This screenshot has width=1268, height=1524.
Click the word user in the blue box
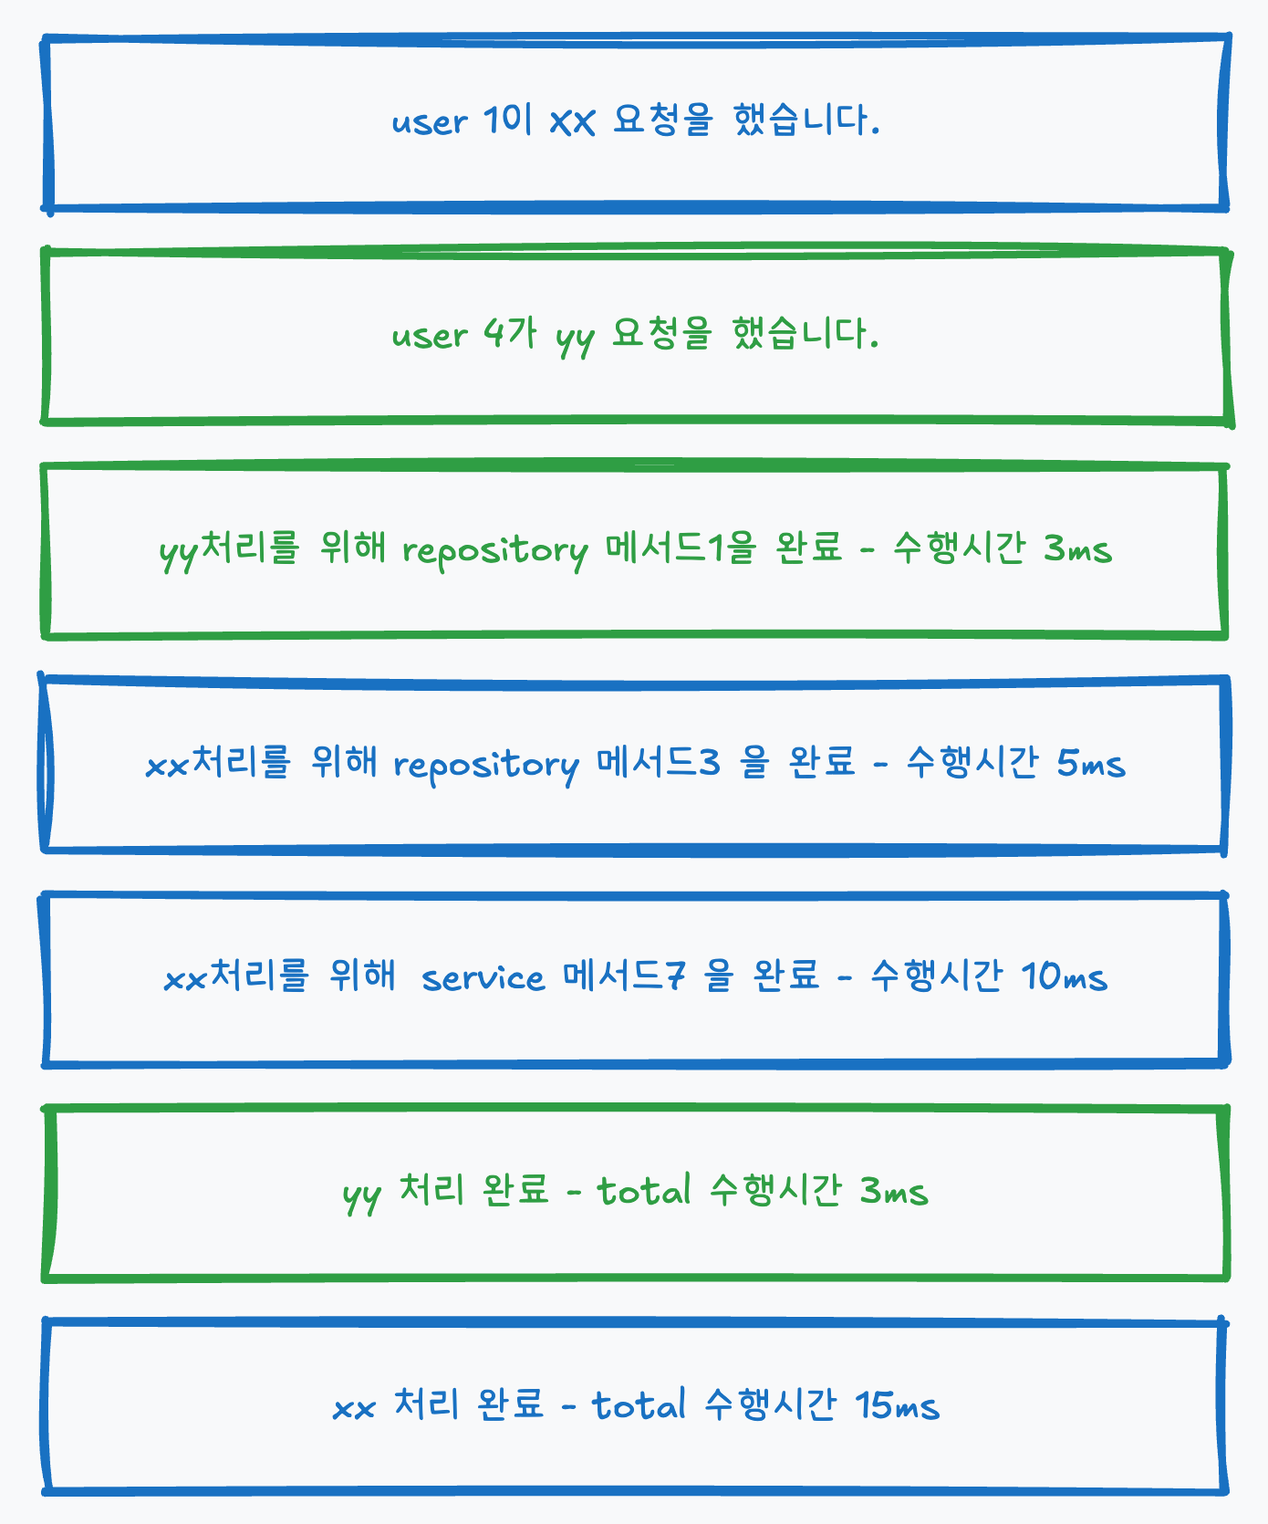coord(430,121)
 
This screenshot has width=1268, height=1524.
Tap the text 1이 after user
coord(507,120)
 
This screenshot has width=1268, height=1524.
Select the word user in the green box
coord(430,336)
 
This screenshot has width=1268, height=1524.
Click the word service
coord(483,978)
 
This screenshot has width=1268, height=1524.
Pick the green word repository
coord(495,550)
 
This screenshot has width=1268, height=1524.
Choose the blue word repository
coord(486,765)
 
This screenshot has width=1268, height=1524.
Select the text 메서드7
coord(624,977)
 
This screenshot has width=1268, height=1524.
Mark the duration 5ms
coord(1091,764)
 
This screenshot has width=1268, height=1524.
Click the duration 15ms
coord(898,1406)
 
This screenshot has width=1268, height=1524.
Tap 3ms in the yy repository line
coord(1078,549)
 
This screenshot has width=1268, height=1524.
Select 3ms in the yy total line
coord(894,1192)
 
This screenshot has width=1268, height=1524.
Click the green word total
coord(644,1192)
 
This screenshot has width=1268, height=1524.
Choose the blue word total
coord(639,1406)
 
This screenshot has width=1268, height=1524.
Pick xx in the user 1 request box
coord(573,121)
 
